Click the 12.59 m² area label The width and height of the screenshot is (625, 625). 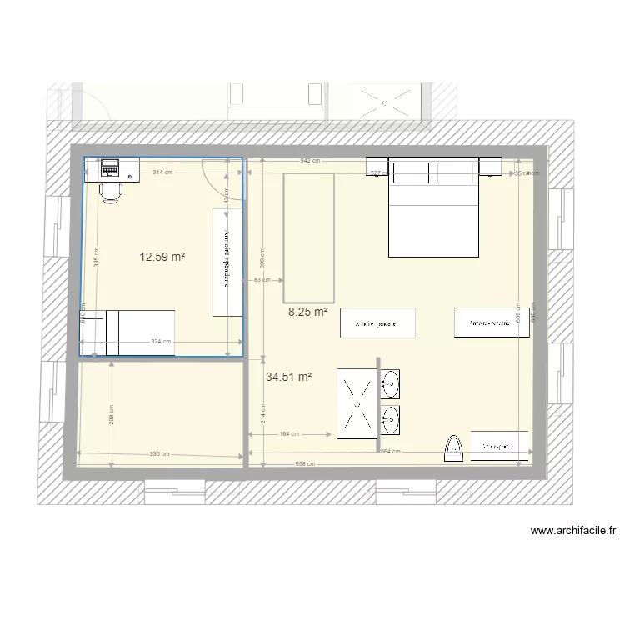pyautogui.click(x=162, y=257)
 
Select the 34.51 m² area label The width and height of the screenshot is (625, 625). pyautogui.click(x=289, y=377)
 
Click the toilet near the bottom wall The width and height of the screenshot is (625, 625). pyautogui.click(x=453, y=447)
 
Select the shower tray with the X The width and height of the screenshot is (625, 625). pyautogui.click(x=357, y=403)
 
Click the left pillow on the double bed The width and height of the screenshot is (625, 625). pyautogui.click(x=412, y=172)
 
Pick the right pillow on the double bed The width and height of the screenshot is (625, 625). pyautogui.click(x=456, y=172)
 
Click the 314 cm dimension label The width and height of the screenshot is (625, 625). pyautogui.click(x=162, y=172)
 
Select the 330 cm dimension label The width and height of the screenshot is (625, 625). pyautogui.click(x=159, y=454)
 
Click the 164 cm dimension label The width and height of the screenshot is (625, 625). pyautogui.click(x=291, y=434)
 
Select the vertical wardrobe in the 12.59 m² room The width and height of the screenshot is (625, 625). pyautogui.click(x=225, y=262)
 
